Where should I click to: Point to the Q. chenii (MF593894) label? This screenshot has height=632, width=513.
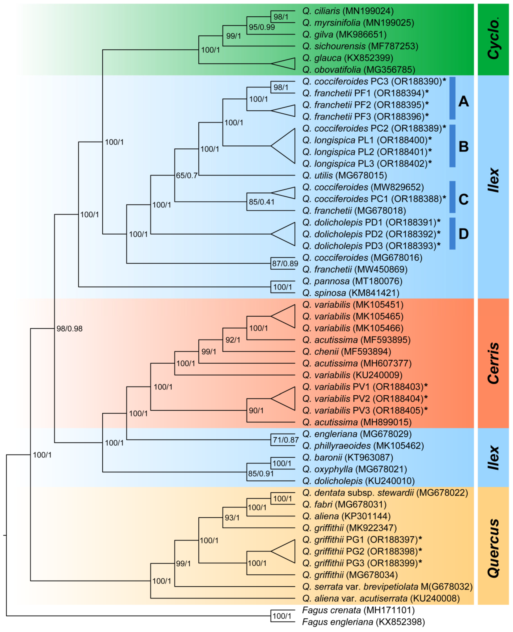[x=346, y=352]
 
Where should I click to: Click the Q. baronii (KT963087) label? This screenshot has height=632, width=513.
[x=348, y=458]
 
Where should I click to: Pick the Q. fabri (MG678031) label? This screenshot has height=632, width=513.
[x=344, y=504]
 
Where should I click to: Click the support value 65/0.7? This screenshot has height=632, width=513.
[x=186, y=176]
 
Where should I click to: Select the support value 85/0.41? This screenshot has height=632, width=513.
[x=261, y=202]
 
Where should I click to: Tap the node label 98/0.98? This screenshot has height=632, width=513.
[x=69, y=329]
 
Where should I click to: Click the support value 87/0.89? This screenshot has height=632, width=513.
[x=285, y=264]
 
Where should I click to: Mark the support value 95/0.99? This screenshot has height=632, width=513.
[x=261, y=27]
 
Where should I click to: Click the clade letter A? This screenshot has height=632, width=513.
[x=463, y=102]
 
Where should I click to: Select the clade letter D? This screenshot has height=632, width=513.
[x=463, y=234]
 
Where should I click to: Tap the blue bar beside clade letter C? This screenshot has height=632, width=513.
[x=452, y=197]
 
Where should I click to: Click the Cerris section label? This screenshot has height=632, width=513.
[x=493, y=363]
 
